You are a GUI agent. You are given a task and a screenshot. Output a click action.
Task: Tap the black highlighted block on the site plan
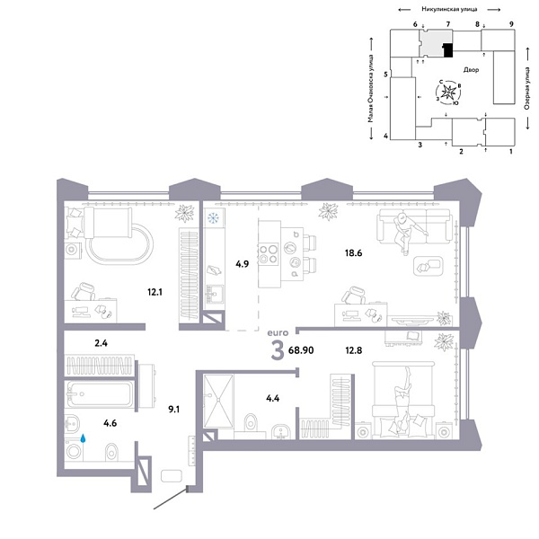pyautogui.click(x=447, y=50)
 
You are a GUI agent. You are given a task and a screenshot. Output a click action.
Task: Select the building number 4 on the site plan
pyautogui.click(x=384, y=136)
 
